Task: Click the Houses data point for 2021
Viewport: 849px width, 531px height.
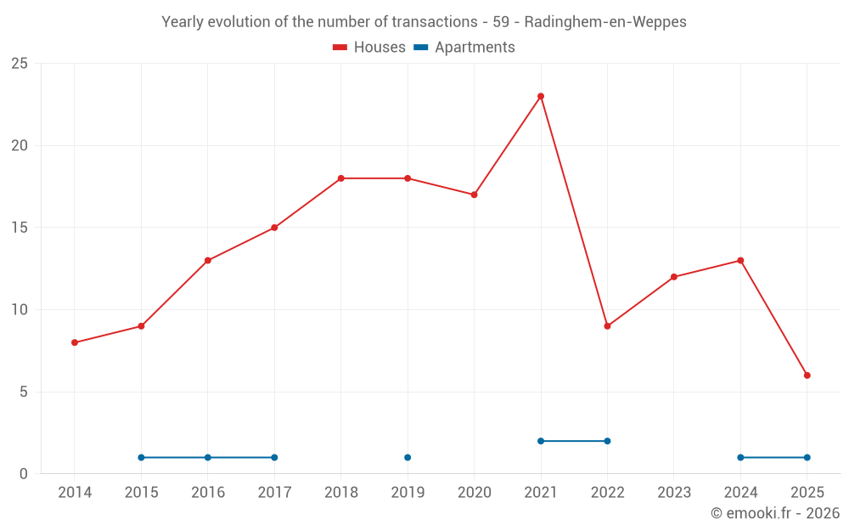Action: (541, 96)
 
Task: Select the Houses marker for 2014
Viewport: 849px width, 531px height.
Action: (75, 342)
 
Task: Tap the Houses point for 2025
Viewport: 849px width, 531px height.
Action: (807, 376)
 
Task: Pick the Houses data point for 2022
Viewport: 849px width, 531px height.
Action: (607, 326)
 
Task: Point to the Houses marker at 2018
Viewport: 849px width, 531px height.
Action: (340, 178)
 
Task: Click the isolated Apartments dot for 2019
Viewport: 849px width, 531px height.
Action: (408, 458)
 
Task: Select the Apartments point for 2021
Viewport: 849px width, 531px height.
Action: (541, 441)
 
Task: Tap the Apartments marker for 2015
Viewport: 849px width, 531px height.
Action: (141, 458)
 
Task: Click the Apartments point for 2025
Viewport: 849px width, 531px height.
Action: (807, 458)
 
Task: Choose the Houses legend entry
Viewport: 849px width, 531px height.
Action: (369, 48)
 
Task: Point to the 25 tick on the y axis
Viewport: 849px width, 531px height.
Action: (19, 64)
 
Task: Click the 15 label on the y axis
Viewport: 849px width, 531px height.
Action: (19, 228)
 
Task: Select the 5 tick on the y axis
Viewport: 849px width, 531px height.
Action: (23, 392)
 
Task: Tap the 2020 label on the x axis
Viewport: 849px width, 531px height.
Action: (474, 493)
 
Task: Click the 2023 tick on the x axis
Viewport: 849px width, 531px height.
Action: (674, 493)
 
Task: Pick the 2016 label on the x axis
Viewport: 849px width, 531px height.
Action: (208, 493)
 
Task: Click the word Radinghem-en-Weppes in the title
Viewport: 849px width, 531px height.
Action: (605, 22)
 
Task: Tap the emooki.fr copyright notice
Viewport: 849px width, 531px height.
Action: (775, 513)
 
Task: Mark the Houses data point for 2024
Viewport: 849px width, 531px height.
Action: (740, 261)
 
